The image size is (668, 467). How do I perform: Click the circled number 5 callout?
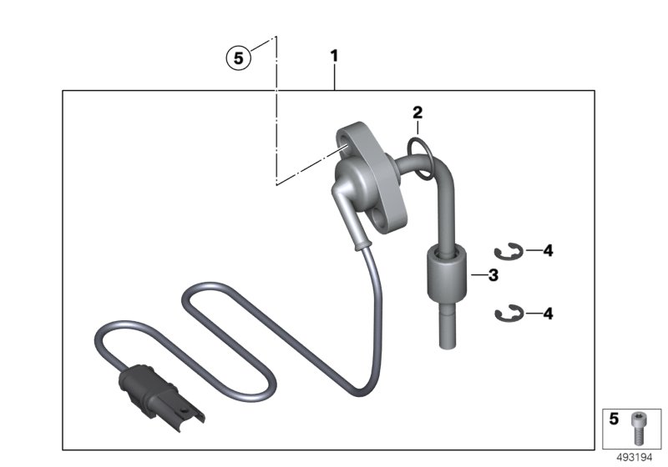click(x=239, y=58)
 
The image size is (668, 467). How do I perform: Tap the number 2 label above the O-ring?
click(x=417, y=112)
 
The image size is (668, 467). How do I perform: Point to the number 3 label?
click(x=493, y=275)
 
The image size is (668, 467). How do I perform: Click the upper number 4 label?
click(x=548, y=249)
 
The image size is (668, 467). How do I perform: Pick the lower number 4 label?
click(x=548, y=314)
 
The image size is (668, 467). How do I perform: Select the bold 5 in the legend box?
click(x=615, y=420)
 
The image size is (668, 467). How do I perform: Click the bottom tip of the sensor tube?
click(x=444, y=344)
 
